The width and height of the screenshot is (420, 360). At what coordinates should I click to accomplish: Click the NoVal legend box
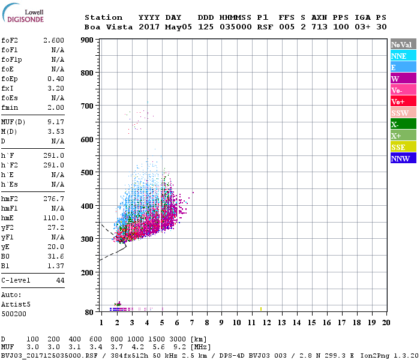pos(403,44)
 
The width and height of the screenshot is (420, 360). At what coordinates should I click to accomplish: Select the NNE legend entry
pos(403,56)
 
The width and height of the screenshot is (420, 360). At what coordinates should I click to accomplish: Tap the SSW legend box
pos(403,113)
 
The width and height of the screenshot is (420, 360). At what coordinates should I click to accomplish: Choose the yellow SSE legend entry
pos(403,147)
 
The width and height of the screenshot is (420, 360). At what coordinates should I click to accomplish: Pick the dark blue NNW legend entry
pos(403,158)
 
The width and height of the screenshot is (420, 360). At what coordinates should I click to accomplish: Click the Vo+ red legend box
pos(403,101)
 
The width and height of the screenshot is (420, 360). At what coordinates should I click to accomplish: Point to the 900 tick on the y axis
pos(88,40)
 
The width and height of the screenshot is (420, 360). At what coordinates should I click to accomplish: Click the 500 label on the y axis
pos(88,173)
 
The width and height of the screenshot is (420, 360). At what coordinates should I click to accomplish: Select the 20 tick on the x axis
pos(386,323)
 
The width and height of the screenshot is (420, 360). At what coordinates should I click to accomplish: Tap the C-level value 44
pos(60,280)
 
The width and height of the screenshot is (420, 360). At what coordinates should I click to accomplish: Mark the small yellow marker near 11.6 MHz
pos(261,309)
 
